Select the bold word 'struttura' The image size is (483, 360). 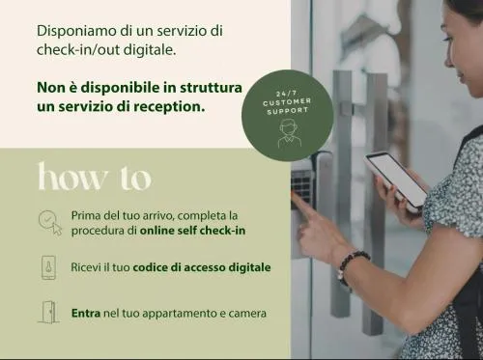point(211,88)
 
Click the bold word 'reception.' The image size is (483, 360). point(169,107)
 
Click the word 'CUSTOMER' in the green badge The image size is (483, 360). point(287,102)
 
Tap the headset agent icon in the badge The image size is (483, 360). point(289,133)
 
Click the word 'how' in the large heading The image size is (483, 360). point(72,177)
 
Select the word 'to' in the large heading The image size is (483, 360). point(136,179)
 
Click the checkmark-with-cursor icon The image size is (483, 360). point(50,223)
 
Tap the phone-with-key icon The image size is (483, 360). point(48,267)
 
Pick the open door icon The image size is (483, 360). point(49,312)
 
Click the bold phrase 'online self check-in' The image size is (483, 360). point(192,231)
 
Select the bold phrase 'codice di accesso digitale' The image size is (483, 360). point(202,267)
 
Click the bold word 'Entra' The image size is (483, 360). point(86,313)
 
